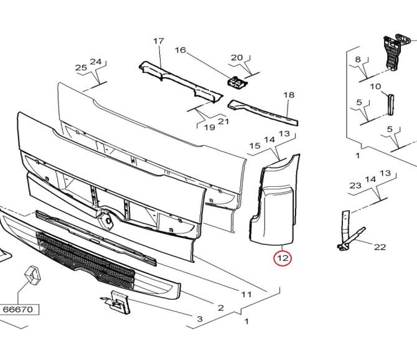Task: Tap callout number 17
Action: pos(159,41)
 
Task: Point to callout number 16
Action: pos(180,50)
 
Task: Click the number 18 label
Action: pos(289,95)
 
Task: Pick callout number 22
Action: pos(380,247)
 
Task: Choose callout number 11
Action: pos(246,294)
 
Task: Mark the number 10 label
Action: pos(375,87)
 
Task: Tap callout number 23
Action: pos(355,185)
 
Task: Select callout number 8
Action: pos(357,60)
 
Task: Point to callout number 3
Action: pos(200,319)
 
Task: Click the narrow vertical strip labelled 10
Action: pos(390,105)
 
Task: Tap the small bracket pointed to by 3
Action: pos(116,302)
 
